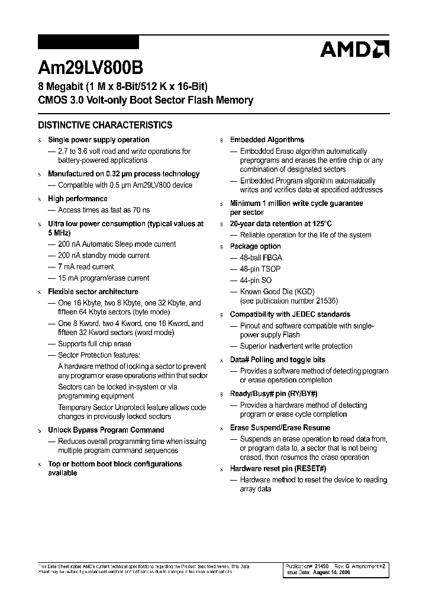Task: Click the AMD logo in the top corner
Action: [354, 49]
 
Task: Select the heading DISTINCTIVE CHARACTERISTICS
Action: [105, 125]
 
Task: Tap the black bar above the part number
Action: [88, 42]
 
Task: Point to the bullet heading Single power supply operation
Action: [98, 140]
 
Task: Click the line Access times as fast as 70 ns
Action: [104, 210]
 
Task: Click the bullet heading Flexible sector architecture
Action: [93, 292]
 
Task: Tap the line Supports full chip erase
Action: [95, 344]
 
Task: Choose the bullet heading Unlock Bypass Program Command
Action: [106, 430]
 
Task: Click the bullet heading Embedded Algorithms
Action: [267, 140]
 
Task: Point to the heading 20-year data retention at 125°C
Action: [280, 224]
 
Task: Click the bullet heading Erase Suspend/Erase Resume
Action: [280, 428]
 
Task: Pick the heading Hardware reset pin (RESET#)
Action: [278, 469]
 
